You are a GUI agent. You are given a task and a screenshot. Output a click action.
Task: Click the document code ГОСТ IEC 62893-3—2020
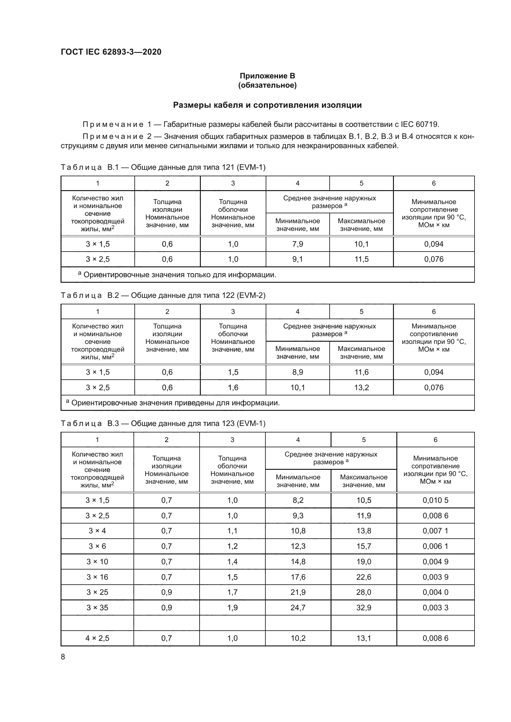pyautogui.click(x=111, y=52)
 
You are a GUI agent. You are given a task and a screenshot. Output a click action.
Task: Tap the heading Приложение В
pyautogui.click(x=267, y=76)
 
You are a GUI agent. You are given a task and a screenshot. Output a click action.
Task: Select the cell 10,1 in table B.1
pyautogui.click(x=361, y=244)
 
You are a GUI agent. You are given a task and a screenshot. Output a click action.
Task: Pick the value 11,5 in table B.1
pyautogui.click(x=361, y=259)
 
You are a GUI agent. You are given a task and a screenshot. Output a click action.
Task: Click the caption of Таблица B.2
pyautogui.click(x=163, y=295)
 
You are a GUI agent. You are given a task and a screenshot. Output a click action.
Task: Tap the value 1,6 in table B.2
pyautogui.click(x=233, y=387)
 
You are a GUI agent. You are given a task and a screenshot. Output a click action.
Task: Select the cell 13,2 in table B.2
pyautogui.click(x=361, y=387)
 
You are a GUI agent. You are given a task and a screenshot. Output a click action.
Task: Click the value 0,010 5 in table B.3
pyautogui.click(x=435, y=500)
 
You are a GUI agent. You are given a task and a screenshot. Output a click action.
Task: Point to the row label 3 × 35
pyautogui.click(x=97, y=607)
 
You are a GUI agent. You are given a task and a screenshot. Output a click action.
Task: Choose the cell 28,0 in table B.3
pyautogui.click(x=364, y=592)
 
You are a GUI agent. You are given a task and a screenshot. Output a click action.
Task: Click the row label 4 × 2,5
pyautogui.click(x=97, y=638)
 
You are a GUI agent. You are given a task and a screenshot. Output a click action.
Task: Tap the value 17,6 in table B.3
pyautogui.click(x=298, y=577)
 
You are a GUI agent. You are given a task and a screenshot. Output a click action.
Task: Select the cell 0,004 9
pyautogui.click(x=435, y=561)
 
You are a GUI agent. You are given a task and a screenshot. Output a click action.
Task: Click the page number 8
pyautogui.click(x=63, y=657)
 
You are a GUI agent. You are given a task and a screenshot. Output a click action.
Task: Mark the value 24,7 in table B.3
pyautogui.click(x=298, y=607)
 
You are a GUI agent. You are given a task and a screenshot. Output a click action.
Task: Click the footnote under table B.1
pyautogui.click(x=177, y=275)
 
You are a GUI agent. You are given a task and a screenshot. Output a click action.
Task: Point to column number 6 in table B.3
pyautogui.click(x=435, y=440)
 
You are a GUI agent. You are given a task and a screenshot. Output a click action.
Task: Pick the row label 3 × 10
pyautogui.click(x=97, y=561)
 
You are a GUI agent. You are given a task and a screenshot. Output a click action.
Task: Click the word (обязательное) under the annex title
pyautogui.click(x=267, y=85)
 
